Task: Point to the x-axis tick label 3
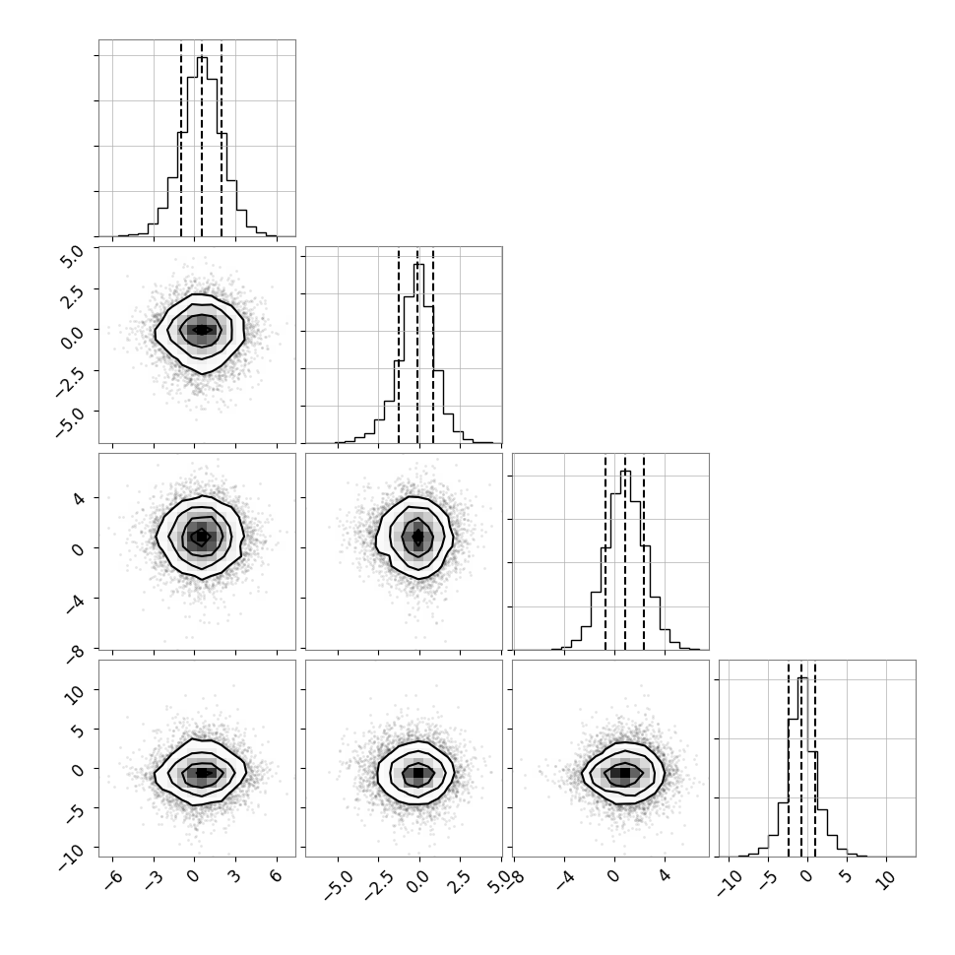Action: pyautogui.click(x=234, y=877)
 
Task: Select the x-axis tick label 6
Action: pyautogui.click(x=276, y=877)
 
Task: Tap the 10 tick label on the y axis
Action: pyautogui.click(x=76, y=693)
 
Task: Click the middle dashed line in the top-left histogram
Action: pyautogui.click(x=202, y=138)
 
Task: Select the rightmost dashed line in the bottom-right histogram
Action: pyautogui.click(x=815, y=759)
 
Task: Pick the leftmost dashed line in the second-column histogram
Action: pyautogui.click(x=399, y=346)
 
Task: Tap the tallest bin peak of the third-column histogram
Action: pyautogui.click(x=625, y=472)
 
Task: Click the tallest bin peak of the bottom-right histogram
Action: pyautogui.click(x=802, y=678)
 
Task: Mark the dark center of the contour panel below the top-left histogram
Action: pyautogui.click(x=202, y=330)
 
